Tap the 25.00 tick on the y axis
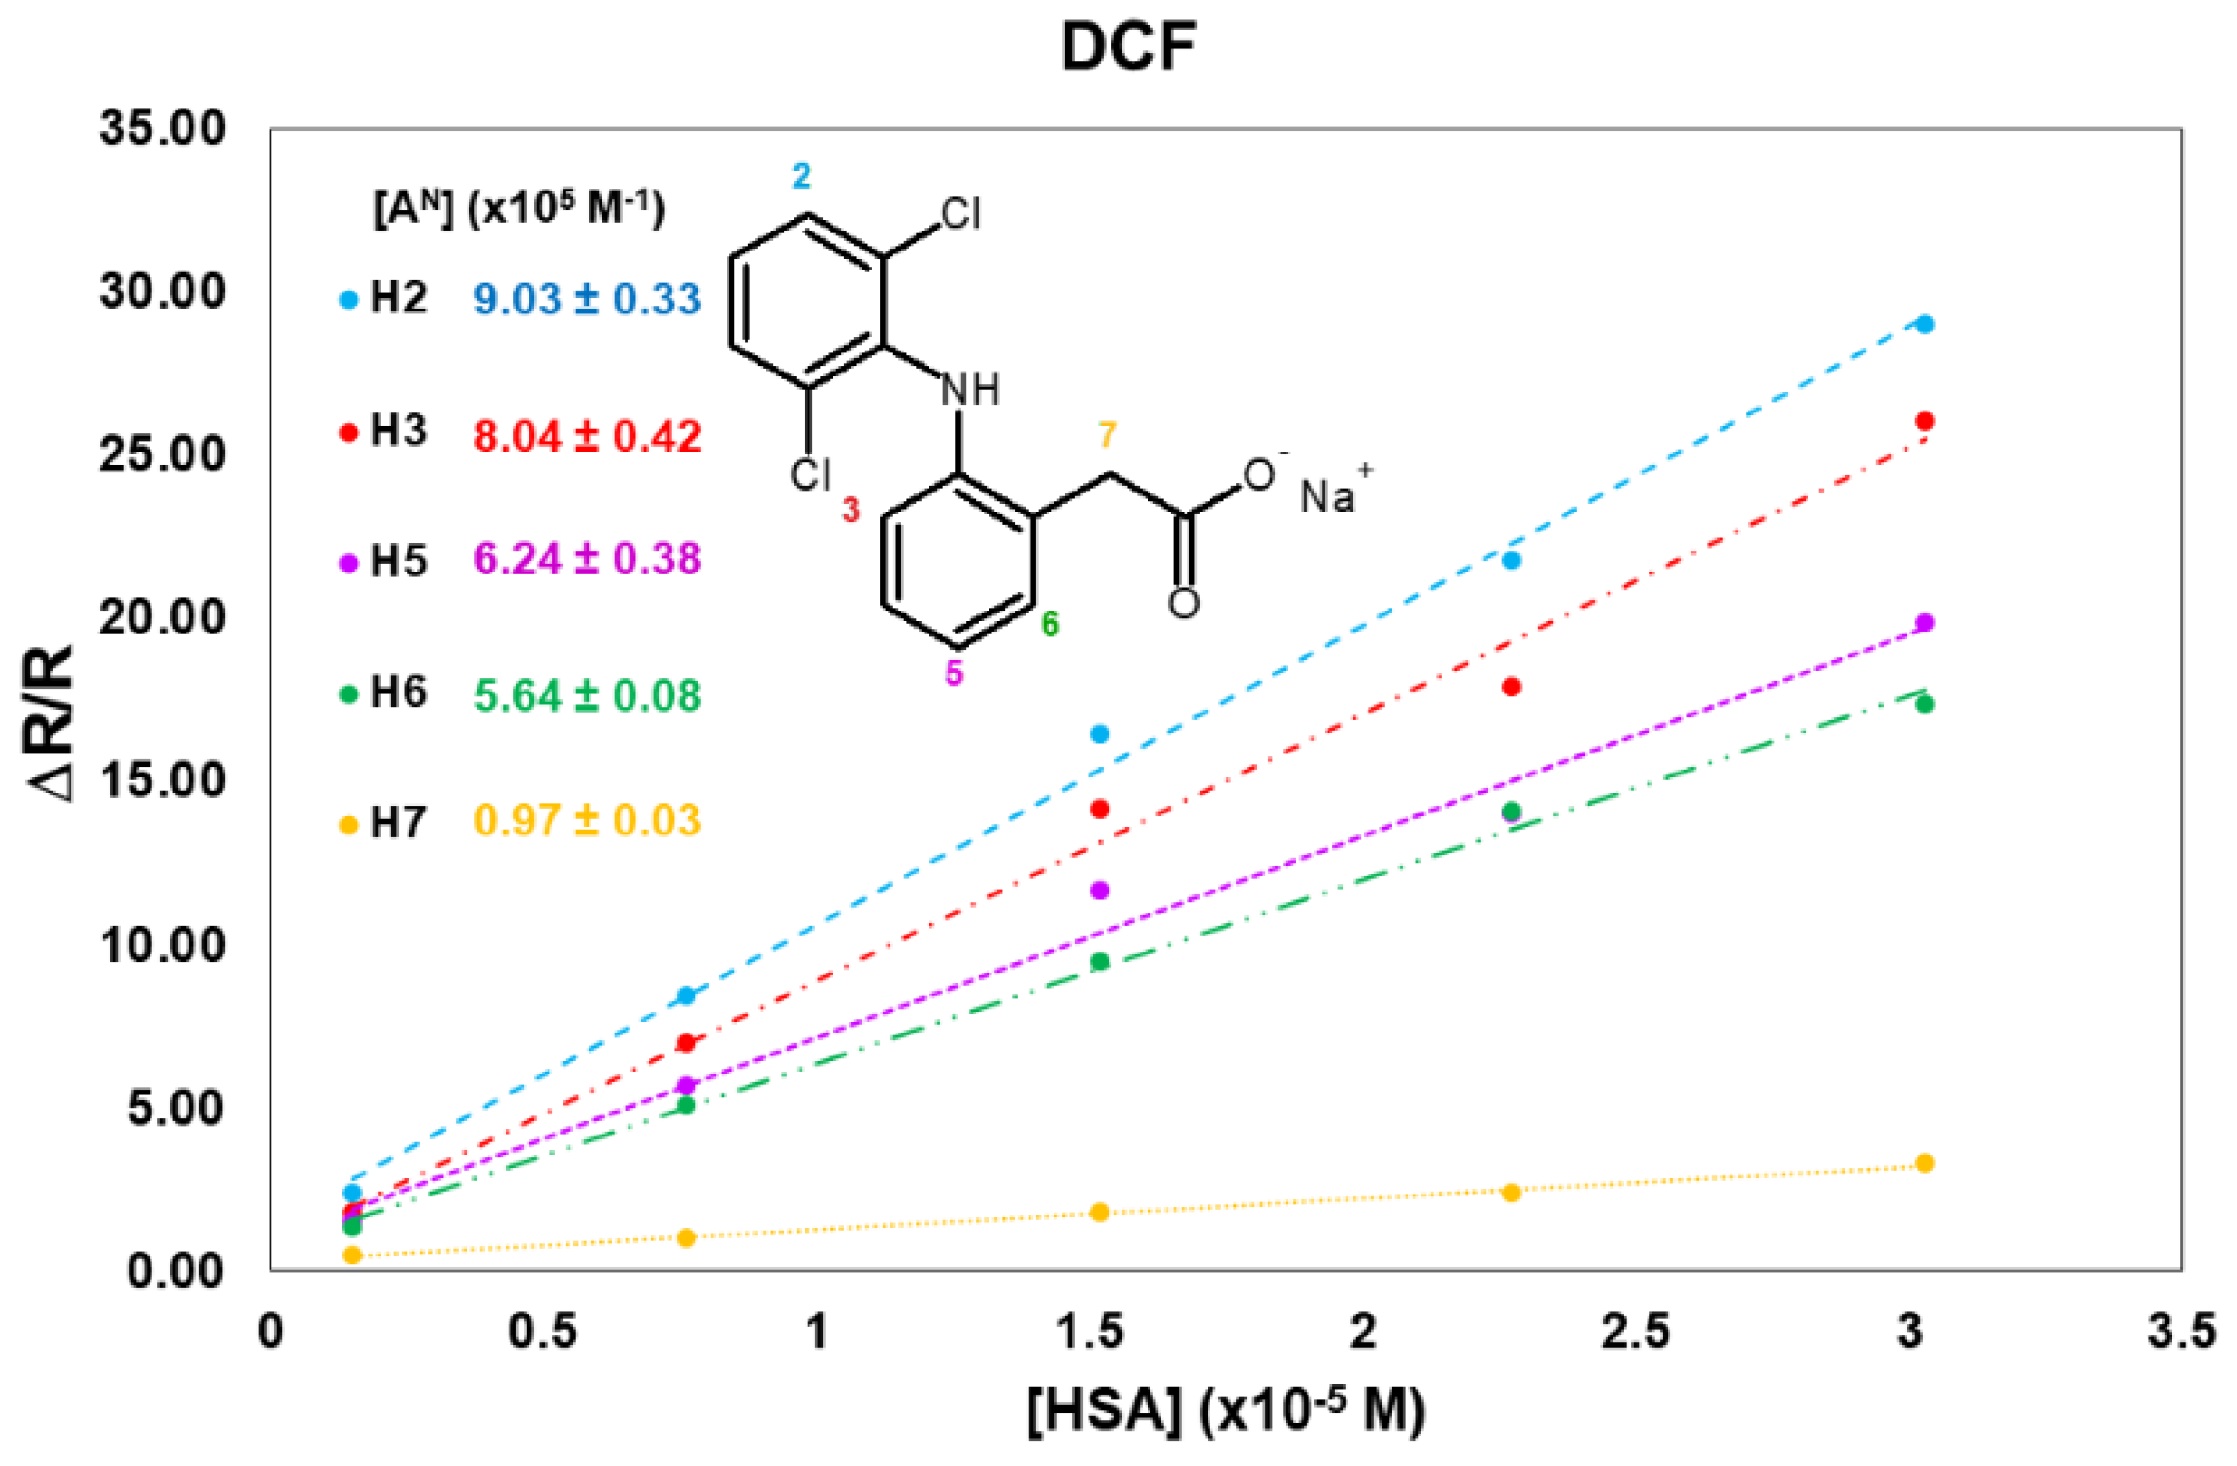162,453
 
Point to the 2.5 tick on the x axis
1634,1331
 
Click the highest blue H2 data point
1925,325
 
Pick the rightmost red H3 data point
1925,421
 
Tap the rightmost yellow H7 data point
1925,1163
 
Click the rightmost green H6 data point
1925,704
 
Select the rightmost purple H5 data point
1925,623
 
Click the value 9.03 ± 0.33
587,299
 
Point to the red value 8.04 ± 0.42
587,436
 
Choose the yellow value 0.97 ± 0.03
587,821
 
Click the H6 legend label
398,693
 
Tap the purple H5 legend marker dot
350,563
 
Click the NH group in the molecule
969,390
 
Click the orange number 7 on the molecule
1107,435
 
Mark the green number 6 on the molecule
1049,624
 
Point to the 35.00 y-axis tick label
162,128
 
